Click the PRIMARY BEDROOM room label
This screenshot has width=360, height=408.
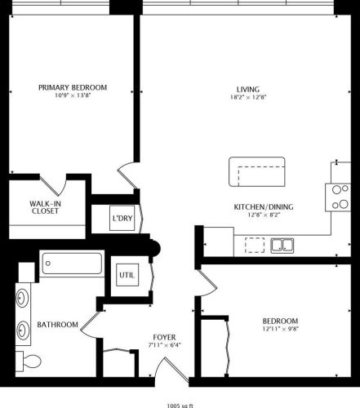coord(73,87)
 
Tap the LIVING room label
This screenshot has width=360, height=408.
coord(248,88)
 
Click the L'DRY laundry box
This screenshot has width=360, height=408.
coord(122,219)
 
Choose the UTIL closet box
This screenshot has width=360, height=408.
coord(128,275)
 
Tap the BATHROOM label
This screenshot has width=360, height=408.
coord(57,325)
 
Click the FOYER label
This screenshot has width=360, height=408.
coord(164,336)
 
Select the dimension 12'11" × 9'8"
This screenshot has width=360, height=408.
coord(280,329)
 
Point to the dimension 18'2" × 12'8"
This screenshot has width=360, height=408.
coord(248,97)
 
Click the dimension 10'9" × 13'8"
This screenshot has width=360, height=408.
coord(73,96)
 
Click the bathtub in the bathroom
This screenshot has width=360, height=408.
coord(73,264)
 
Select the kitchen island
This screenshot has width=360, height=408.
coord(257,173)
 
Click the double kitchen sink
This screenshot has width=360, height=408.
coord(283,245)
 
